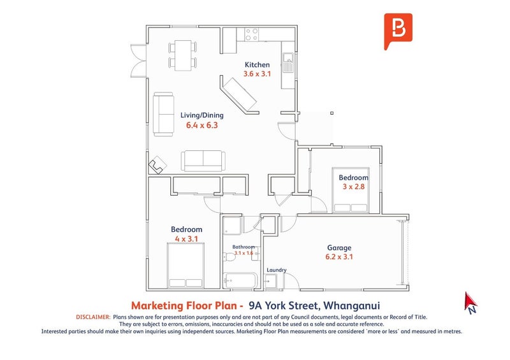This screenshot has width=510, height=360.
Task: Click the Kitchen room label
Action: pos(257,65)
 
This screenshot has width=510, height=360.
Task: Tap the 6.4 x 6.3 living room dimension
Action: pos(201,125)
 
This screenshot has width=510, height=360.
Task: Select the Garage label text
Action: pos(339,248)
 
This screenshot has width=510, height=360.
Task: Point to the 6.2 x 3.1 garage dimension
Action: pos(339,257)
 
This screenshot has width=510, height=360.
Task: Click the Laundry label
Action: pos(277,270)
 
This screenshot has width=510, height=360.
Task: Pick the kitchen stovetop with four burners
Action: pos(252,34)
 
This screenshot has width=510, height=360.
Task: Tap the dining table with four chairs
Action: pos(183,55)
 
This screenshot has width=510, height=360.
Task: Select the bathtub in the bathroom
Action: pos(241,280)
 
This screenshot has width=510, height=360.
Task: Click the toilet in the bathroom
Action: pos(229,257)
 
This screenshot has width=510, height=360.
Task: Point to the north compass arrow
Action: pos(470,303)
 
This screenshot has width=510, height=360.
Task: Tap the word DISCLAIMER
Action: pos(93,317)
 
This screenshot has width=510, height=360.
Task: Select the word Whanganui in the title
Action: pos(352,306)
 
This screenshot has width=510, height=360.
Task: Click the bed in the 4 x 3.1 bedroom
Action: pos(186,265)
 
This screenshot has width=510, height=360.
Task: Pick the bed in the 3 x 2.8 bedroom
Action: pos(351,190)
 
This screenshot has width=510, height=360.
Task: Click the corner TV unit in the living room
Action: pos(157,164)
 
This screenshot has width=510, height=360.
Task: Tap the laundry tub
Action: pos(270,281)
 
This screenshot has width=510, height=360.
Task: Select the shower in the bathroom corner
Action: pos(232,226)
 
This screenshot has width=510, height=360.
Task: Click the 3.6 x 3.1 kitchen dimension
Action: pos(257,74)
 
